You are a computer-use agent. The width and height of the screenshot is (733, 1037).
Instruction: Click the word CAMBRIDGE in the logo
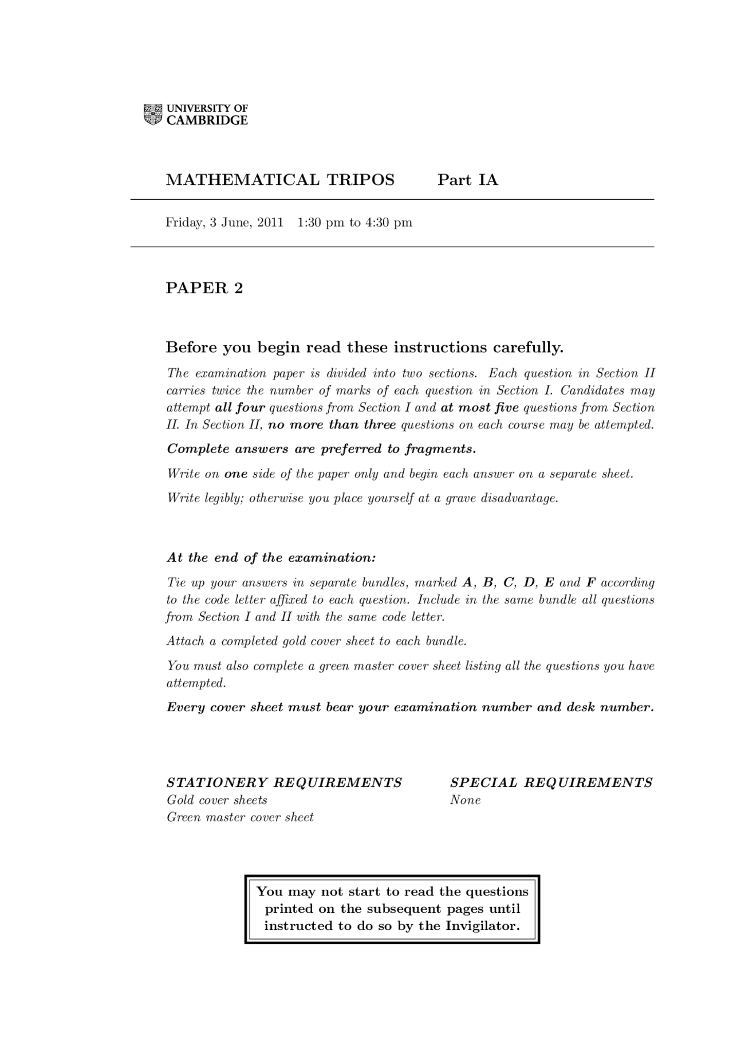[207, 121]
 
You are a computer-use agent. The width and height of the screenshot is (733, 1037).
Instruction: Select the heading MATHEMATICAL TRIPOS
[280, 180]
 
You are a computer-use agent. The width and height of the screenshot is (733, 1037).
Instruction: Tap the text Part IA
[468, 180]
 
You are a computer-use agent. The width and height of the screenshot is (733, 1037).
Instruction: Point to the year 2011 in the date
[270, 222]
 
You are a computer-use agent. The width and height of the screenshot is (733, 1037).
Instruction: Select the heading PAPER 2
[204, 288]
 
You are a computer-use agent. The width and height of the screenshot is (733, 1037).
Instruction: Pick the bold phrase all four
[240, 408]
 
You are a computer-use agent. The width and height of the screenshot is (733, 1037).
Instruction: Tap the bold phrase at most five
[479, 408]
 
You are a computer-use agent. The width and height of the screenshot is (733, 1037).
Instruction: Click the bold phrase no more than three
[332, 425]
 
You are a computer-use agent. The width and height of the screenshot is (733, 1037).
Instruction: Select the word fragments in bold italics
[440, 449]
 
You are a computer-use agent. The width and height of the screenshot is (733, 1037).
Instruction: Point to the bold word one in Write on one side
[235, 474]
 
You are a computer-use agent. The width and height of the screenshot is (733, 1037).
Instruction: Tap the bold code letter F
[590, 583]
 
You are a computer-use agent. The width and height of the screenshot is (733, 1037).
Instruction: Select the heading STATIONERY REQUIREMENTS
[284, 783]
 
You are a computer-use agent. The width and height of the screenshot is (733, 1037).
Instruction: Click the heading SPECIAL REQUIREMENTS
[551, 783]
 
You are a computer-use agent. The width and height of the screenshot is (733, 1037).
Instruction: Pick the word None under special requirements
[465, 801]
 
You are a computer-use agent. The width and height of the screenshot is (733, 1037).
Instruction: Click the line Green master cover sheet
[240, 818]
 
